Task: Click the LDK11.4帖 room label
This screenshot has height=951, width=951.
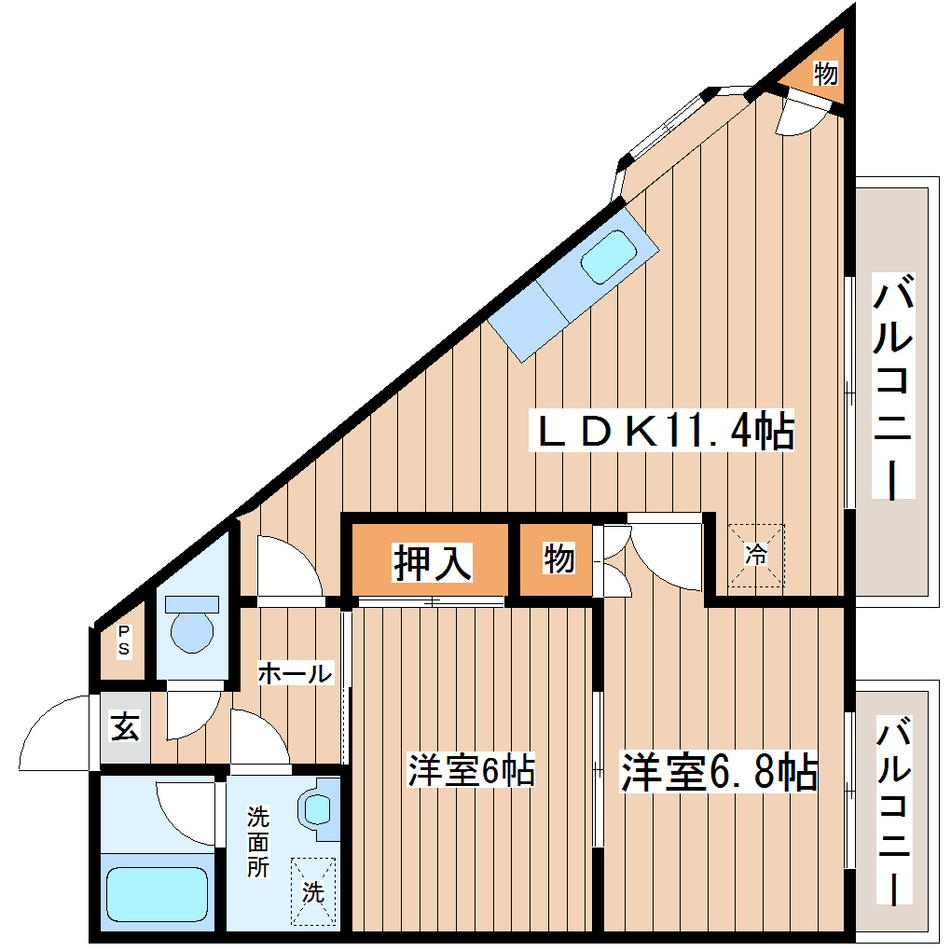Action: pyautogui.click(x=662, y=431)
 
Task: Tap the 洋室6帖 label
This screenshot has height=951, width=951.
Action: pyautogui.click(x=471, y=771)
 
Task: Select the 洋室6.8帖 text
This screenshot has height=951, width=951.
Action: pyautogui.click(x=720, y=771)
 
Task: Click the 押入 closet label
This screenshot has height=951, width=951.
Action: pyautogui.click(x=431, y=561)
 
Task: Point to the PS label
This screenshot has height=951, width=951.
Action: pyautogui.click(x=124, y=641)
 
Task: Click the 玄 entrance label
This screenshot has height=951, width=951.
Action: pyautogui.click(x=125, y=726)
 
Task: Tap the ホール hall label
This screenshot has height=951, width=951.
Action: pyautogui.click(x=294, y=673)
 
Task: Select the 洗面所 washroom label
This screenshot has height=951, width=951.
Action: pyautogui.click(x=258, y=842)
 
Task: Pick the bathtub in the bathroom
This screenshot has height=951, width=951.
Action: pyautogui.click(x=156, y=893)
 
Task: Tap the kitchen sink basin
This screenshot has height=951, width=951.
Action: pyautogui.click(x=608, y=254)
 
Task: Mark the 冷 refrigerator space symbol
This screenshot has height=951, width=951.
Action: pyautogui.click(x=756, y=556)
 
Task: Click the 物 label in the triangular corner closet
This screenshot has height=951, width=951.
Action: pyautogui.click(x=825, y=73)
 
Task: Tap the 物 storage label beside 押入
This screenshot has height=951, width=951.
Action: pyautogui.click(x=558, y=560)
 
